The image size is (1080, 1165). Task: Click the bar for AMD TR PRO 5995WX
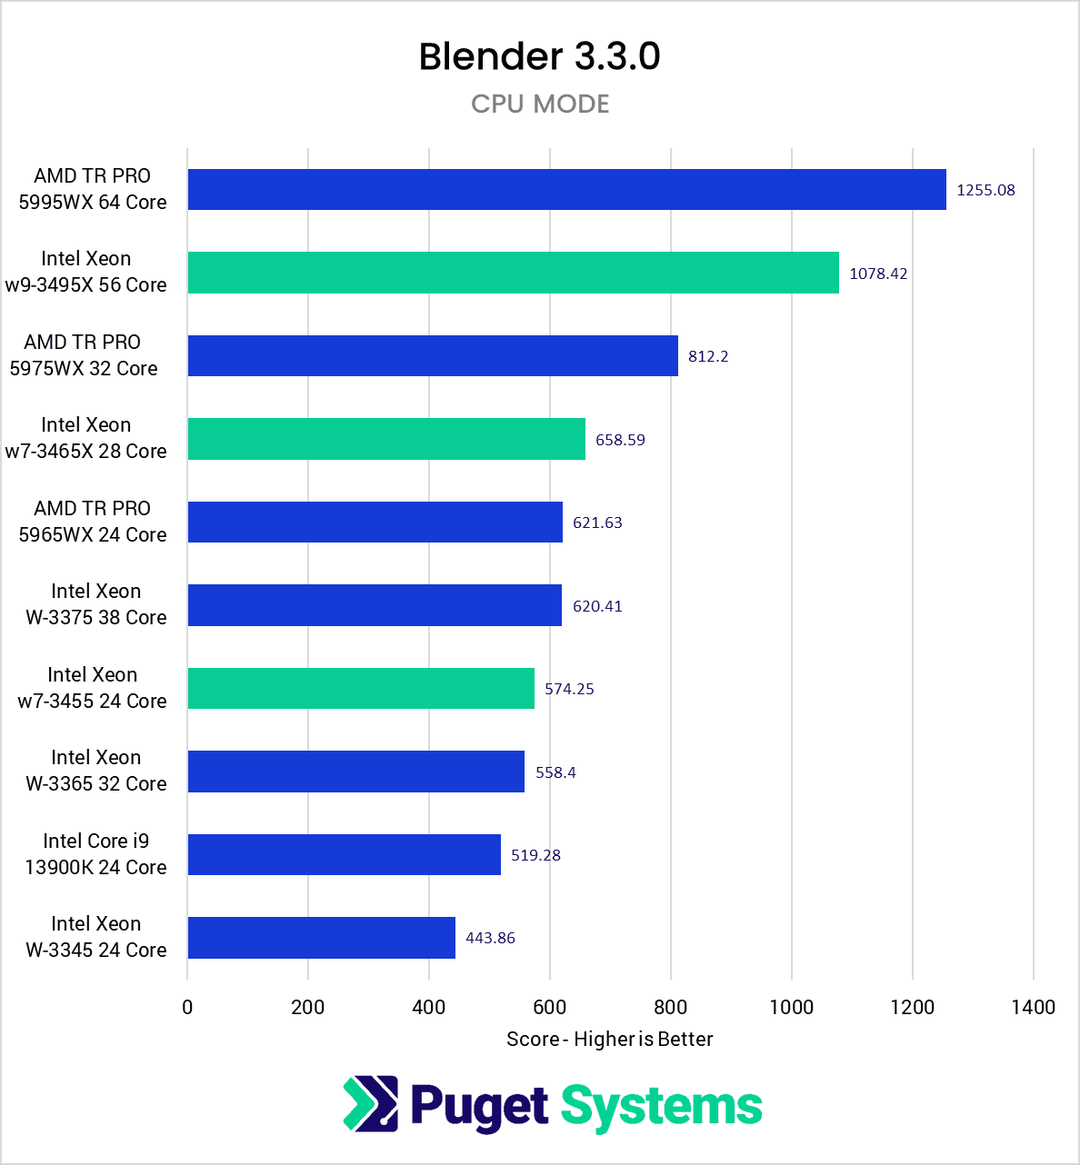click(566, 190)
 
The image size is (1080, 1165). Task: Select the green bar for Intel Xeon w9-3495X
click(513, 273)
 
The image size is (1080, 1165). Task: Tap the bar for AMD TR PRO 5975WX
click(433, 356)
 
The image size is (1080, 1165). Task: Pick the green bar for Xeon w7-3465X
click(386, 439)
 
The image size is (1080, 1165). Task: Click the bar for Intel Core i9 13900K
click(344, 854)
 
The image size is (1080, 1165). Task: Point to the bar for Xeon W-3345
click(321, 938)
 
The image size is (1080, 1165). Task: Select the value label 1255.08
click(985, 190)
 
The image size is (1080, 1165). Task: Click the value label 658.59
click(620, 440)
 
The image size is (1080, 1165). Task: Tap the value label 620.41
click(597, 606)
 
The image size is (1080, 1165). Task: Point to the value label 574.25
click(569, 689)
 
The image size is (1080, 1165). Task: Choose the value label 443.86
click(490, 938)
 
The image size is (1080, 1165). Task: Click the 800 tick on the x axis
click(671, 1007)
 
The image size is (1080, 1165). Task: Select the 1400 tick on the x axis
click(1033, 1007)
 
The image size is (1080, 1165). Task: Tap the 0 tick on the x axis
click(187, 1007)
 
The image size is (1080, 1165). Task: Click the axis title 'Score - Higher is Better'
click(609, 1039)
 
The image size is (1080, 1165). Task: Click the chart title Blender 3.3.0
click(539, 56)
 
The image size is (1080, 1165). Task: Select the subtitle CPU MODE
click(540, 104)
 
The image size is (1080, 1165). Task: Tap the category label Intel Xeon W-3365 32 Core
click(95, 771)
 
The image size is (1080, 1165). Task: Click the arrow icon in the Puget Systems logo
click(370, 1104)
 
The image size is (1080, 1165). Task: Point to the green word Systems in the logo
click(661, 1107)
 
